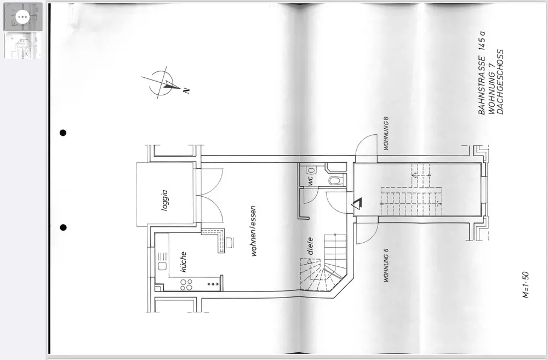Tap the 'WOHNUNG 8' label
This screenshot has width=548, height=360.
(386, 133)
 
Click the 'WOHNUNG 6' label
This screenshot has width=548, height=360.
(386, 265)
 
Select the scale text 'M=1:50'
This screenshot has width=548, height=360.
(525, 283)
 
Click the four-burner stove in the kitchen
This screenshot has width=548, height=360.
(186, 284)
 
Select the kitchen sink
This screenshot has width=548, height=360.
(162, 266)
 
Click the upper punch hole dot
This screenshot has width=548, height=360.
(63, 133)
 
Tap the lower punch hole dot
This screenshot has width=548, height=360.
(63, 227)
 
